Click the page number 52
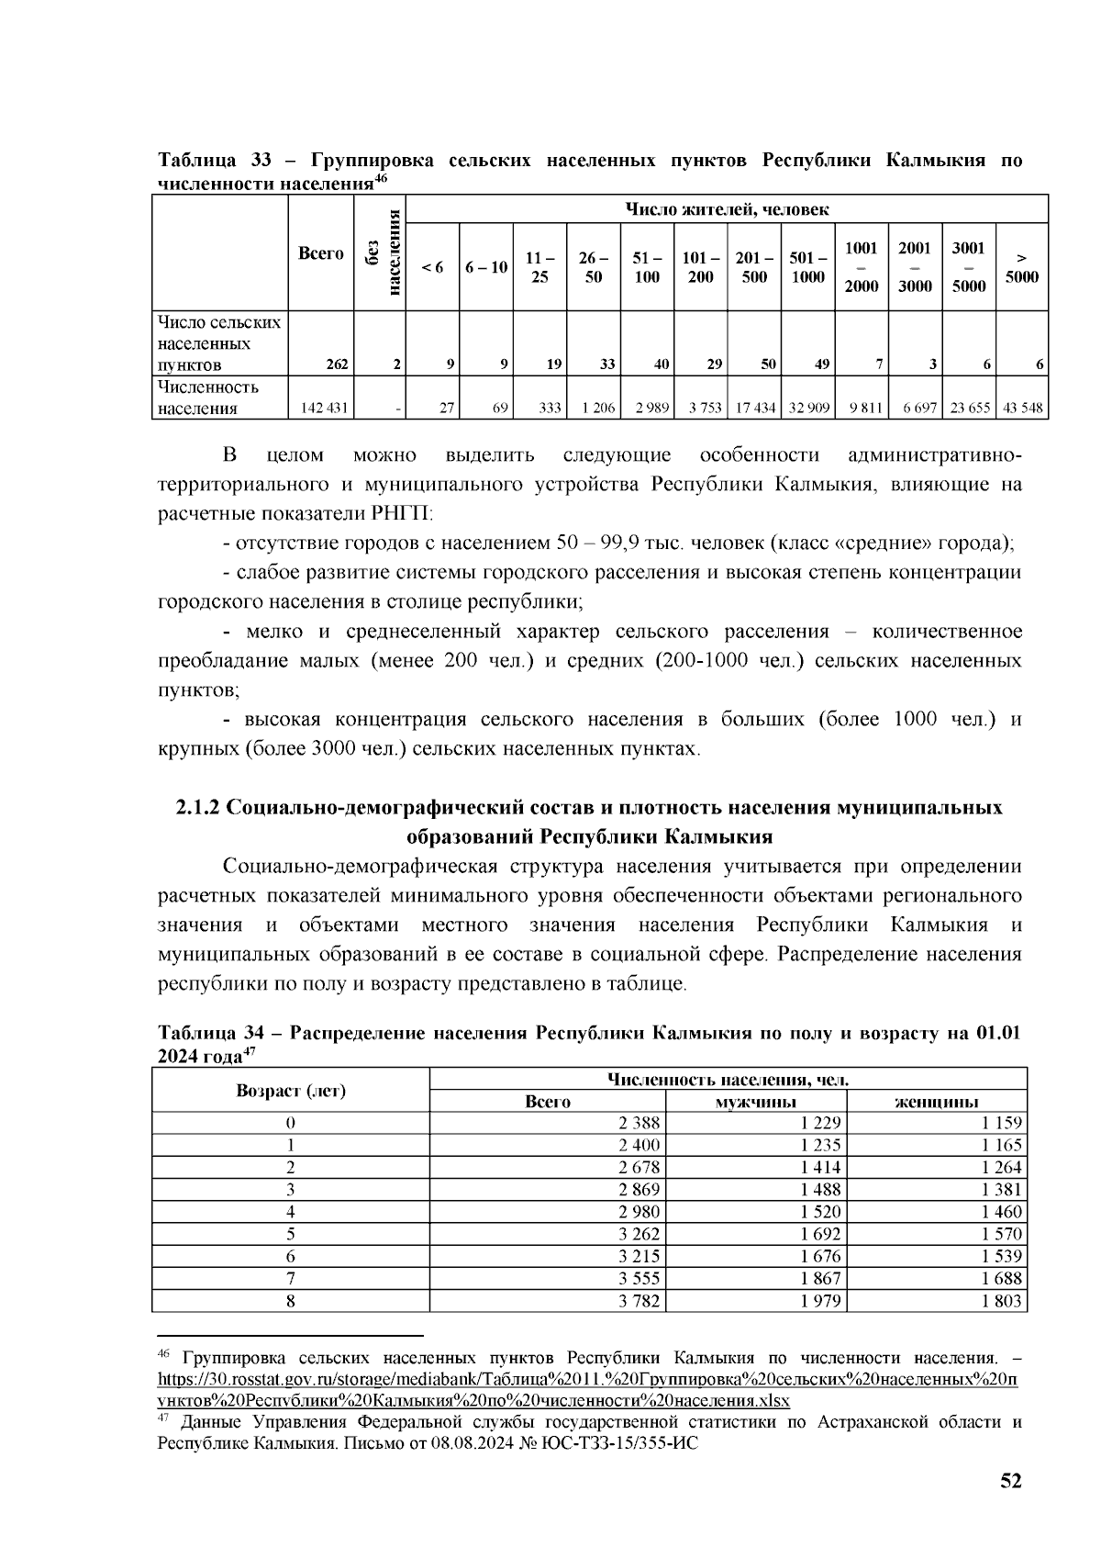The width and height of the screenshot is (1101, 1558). [1011, 1481]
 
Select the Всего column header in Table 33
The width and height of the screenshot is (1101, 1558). [321, 253]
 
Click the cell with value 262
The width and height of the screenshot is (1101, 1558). [336, 364]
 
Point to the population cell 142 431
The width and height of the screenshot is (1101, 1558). [321, 408]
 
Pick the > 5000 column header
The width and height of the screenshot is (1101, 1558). [1021, 267]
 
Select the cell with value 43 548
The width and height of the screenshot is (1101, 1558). [1023, 408]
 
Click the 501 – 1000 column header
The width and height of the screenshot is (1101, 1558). [807, 267]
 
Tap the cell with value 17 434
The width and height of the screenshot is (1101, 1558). [753, 408]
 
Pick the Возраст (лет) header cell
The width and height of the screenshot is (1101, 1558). [291, 1091]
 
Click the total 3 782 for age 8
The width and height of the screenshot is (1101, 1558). [639, 1300]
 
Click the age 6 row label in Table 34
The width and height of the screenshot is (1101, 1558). [291, 1256]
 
